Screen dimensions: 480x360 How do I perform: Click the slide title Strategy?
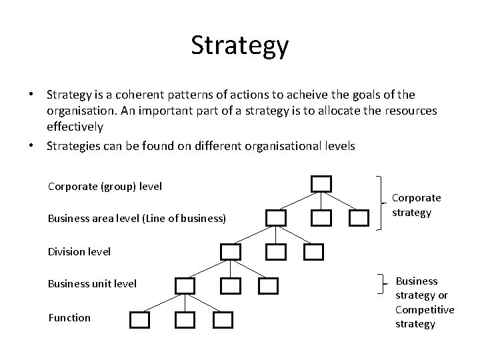[239, 46]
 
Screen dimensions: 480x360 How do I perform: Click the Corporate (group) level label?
[105, 186]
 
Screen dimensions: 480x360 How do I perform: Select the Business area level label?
[137, 218]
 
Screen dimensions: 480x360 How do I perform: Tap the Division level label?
[79, 251]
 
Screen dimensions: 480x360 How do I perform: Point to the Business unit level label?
[92, 284]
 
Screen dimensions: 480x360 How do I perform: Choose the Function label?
[69, 317]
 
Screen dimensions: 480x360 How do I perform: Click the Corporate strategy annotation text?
[416, 205]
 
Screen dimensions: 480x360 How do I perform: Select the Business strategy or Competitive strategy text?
[425, 302]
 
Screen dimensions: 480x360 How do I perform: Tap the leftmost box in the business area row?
[276, 217]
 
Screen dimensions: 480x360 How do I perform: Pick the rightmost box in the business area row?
[359, 217]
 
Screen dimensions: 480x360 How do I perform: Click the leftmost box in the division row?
[231, 251]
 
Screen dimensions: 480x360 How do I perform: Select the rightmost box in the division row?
[313, 251]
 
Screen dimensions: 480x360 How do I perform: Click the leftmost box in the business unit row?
[185, 286]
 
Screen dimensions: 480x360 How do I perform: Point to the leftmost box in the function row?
[139, 320]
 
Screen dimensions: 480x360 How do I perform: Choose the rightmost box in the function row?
[223, 320]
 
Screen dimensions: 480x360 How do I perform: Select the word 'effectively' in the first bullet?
[75, 126]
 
